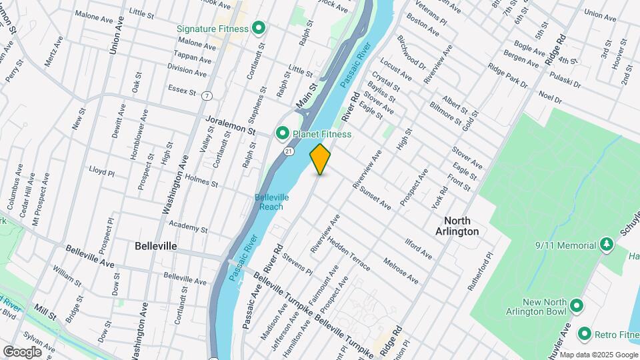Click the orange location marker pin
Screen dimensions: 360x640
coord(321,159)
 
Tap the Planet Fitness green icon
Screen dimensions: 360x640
coord(282,134)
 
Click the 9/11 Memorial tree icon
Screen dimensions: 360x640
coord(606,245)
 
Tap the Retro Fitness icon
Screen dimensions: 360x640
coord(585,333)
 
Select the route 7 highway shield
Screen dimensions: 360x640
coord(208,96)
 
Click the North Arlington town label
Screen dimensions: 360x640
coord(461,226)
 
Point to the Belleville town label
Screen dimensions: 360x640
coord(155,246)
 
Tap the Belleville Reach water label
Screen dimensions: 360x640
coord(271,202)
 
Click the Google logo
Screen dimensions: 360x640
coord(22,351)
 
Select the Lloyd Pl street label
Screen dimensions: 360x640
coord(102,171)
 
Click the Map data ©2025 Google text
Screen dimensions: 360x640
coord(599,354)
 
